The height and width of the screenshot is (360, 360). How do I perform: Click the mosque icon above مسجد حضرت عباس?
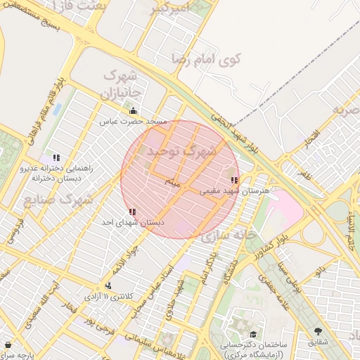point(133,110)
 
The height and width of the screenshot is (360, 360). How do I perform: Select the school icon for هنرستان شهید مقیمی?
point(234,181)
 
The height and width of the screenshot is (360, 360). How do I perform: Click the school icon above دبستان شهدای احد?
point(132,212)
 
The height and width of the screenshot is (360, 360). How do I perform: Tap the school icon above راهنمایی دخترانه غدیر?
point(56,157)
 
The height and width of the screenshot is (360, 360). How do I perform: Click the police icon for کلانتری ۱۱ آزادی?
point(108,285)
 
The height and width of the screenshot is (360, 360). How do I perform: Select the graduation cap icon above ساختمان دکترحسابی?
point(252,334)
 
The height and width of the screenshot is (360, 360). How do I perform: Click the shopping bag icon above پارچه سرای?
point(8,345)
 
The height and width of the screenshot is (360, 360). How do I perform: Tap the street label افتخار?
point(311,139)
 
